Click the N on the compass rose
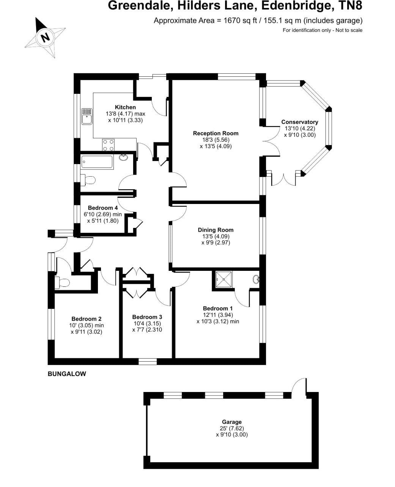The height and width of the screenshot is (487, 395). point(46,37)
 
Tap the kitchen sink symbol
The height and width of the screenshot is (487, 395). point(87,116)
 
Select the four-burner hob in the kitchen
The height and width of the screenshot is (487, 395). point(108,144)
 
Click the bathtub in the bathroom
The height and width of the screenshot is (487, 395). point(97,162)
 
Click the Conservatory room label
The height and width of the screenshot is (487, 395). point(299,122)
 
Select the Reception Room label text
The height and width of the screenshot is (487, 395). point(216,133)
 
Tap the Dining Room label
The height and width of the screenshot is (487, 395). point(216,230)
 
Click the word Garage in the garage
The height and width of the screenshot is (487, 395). point(231,422)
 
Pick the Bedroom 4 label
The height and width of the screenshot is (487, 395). point(102,208)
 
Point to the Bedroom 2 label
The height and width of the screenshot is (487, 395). point(87,319)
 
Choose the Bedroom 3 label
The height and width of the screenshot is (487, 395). point(147,317)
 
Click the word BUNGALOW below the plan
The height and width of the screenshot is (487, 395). point(67,374)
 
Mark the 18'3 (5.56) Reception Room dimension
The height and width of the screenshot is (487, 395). point(216,140)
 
